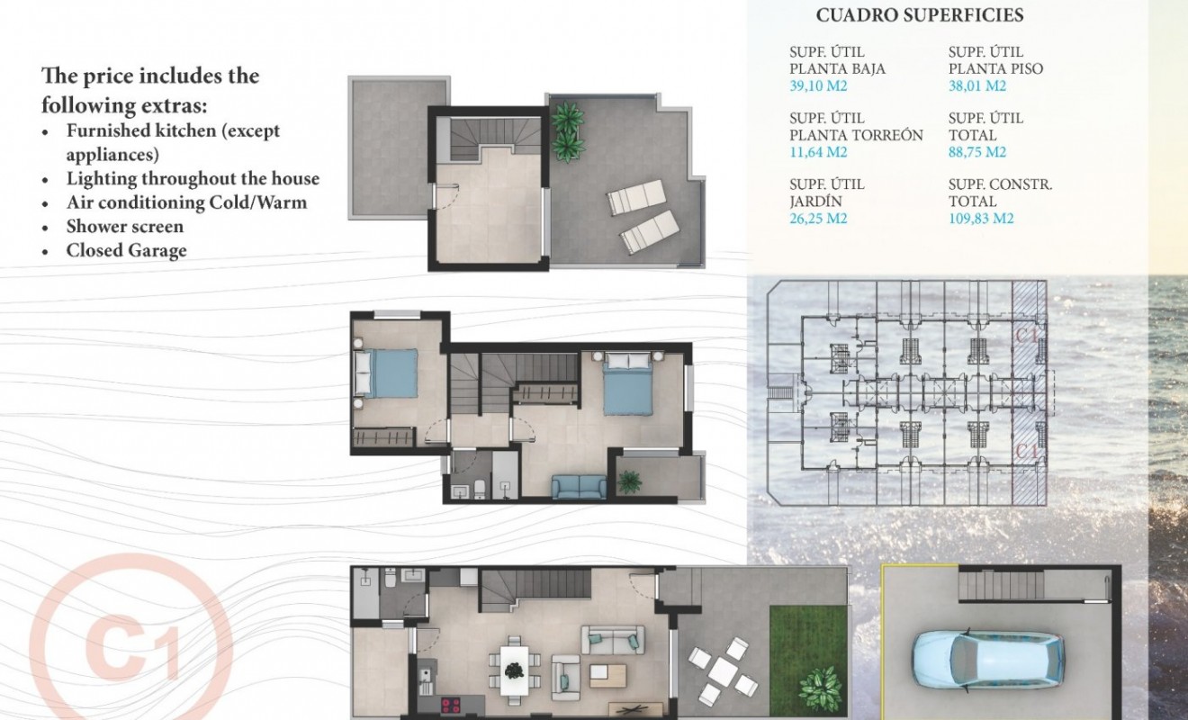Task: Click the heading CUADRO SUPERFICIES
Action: click(x=919, y=15)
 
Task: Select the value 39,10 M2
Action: click(x=818, y=86)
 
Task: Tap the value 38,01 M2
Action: click(x=977, y=86)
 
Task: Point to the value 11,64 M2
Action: click(x=818, y=152)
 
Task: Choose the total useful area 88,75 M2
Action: click(x=977, y=152)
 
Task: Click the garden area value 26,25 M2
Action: click(x=818, y=218)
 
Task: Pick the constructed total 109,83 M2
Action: click(x=981, y=218)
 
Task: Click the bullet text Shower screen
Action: click(x=124, y=227)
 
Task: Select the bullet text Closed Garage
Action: click(x=126, y=250)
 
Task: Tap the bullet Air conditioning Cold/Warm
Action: click(x=186, y=202)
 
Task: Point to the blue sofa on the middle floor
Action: click(x=579, y=487)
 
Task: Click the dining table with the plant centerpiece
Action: click(x=514, y=670)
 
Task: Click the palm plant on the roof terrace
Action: click(x=567, y=131)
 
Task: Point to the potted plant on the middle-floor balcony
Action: click(x=630, y=481)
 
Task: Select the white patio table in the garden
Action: click(x=723, y=670)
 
